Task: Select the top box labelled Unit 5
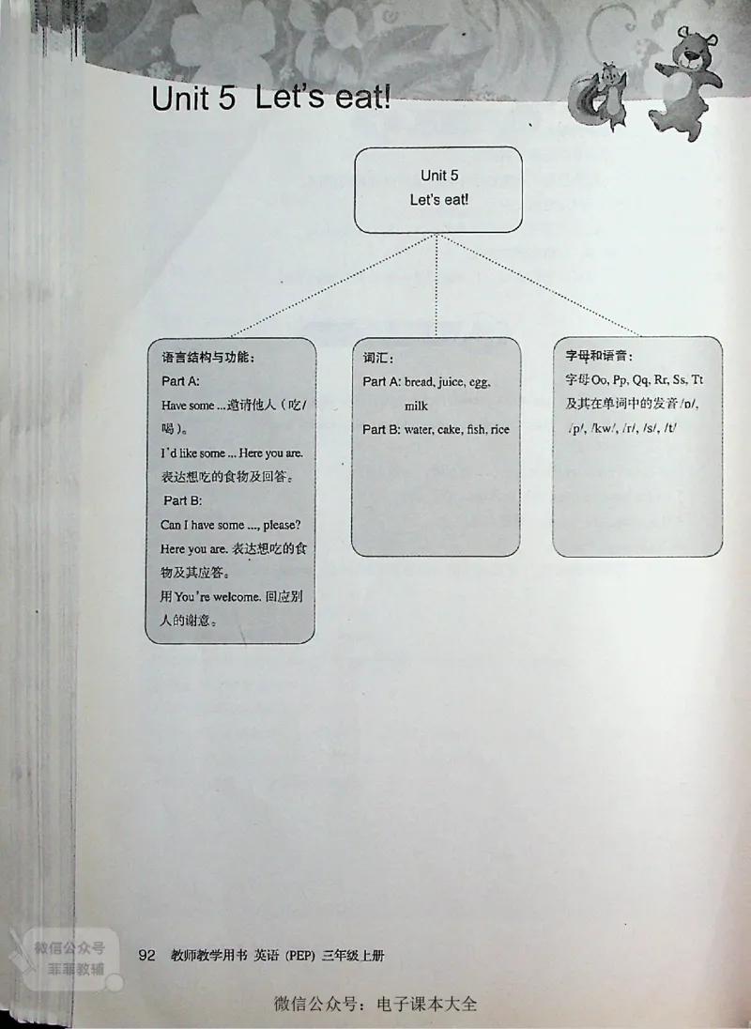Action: pyautogui.click(x=438, y=188)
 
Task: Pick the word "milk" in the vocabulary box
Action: pyautogui.click(x=416, y=406)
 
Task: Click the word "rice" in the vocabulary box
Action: pyautogui.click(x=498, y=429)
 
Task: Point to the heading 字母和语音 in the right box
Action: pyautogui.click(x=599, y=357)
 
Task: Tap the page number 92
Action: pyautogui.click(x=146, y=956)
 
